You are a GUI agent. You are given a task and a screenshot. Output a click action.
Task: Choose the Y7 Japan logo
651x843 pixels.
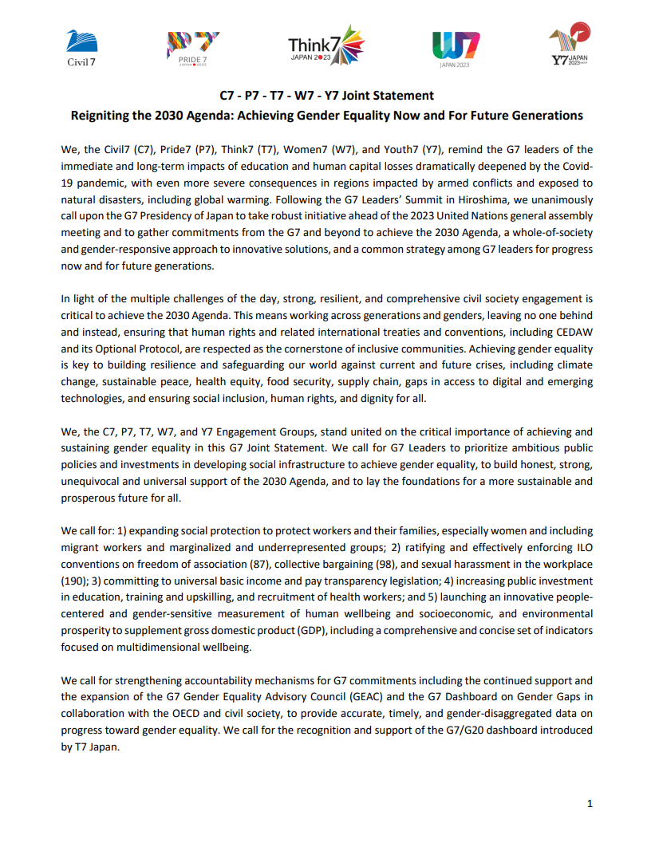tap(570, 46)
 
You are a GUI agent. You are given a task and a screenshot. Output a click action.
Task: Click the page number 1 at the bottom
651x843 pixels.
tap(590, 803)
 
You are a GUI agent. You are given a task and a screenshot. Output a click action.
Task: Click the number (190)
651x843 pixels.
tap(74, 581)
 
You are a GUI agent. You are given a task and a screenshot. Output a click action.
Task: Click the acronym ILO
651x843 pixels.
tap(583, 547)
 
